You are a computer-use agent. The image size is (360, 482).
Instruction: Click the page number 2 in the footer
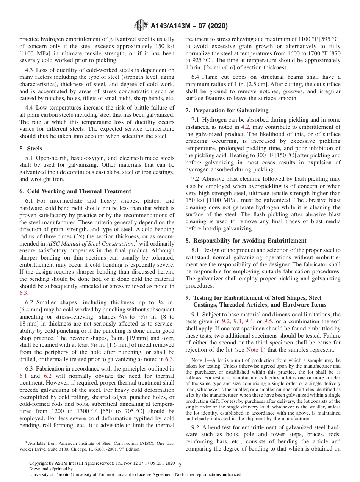tap(180, 466)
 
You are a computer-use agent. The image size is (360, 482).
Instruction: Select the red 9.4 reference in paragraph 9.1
tap(249, 321)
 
